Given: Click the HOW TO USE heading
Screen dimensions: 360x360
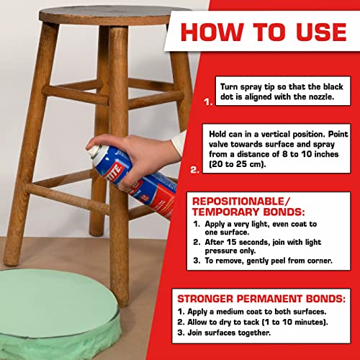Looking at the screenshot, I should (x=263, y=32).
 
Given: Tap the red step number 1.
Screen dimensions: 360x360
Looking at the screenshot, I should (x=208, y=102).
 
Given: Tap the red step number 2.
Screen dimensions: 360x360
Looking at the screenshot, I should (x=195, y=171).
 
